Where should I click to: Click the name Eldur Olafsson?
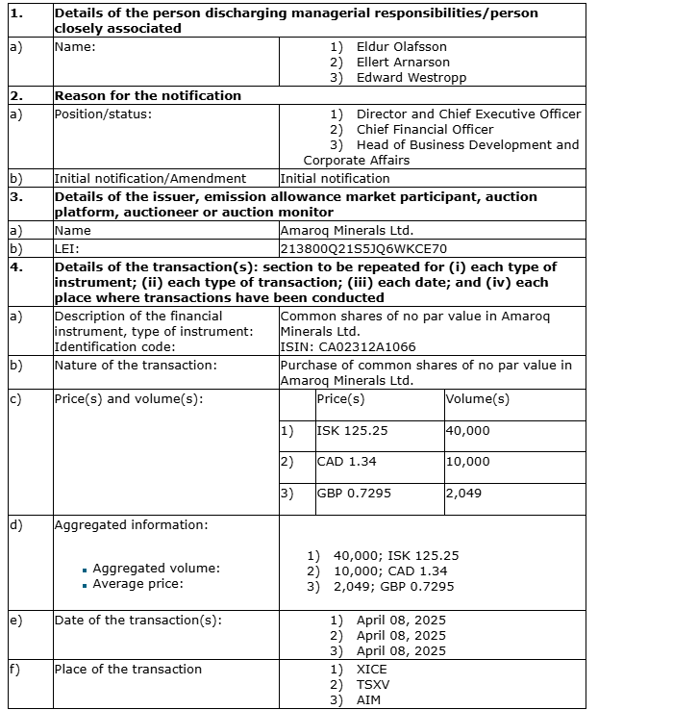click(401, 46)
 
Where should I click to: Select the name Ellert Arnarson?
click(403, 62)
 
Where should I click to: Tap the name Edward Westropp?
click(411, 77)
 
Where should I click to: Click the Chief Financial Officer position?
click(425, 129)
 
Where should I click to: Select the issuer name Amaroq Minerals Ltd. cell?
click(346, 231)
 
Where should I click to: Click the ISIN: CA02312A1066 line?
click(348, 346)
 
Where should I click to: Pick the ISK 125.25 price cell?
click(353, 431)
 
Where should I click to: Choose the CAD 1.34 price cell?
click(347, 462)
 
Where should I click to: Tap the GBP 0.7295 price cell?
click(354, 494)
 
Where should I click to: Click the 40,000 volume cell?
click(467, 431)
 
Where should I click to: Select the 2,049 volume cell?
click(463, 494)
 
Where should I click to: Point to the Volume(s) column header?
click(477, 399)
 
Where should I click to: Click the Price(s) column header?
click(340, 399)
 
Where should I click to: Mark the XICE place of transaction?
click(371, 669)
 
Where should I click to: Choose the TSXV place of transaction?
click(373, 684)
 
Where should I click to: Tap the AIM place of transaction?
click(368, 699)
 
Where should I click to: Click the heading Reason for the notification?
click(148, 95)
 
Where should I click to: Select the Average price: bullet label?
click(137, 584)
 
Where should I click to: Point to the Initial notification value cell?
click(335, 178)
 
